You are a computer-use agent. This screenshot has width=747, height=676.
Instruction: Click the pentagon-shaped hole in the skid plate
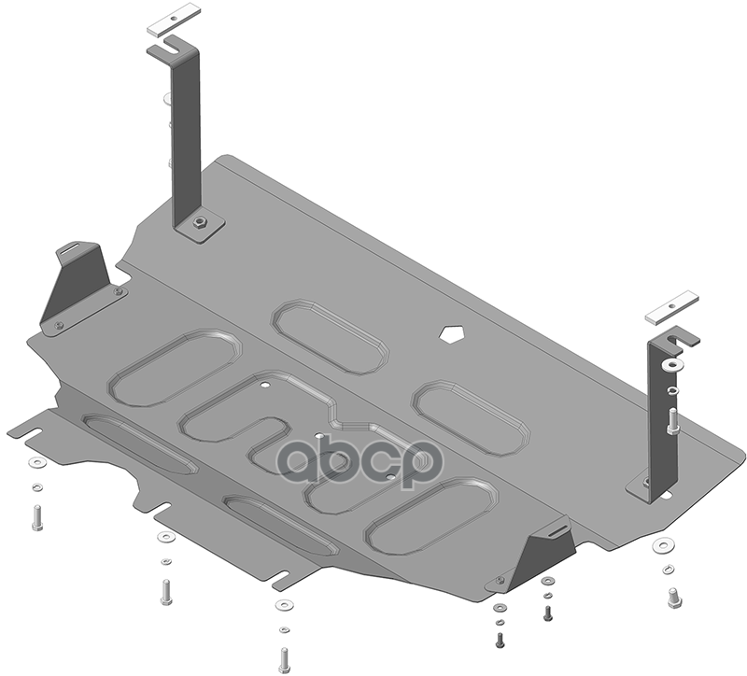[x=450, y=334]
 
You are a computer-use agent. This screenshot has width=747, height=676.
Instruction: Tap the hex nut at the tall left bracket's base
[x=200, y=222]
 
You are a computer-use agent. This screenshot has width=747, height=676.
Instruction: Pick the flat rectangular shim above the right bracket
[x=672, y=308]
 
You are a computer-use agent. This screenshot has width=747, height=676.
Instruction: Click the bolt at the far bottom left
[x=36, y=518]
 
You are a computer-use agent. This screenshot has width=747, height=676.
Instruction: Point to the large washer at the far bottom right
[x=663, y=545]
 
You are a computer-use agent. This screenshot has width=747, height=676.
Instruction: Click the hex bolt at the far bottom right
[x=673, y=598]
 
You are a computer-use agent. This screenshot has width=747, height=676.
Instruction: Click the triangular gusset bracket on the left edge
[x=78, y=286]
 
